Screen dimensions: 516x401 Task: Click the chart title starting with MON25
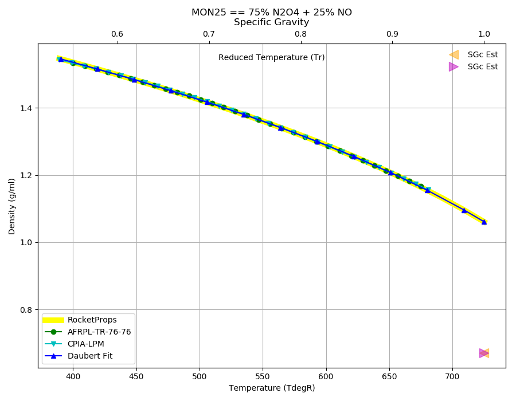tap(272, 13)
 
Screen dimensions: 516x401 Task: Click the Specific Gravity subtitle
tap(272, 22)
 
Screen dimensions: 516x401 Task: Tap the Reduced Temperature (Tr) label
tap(272, 57)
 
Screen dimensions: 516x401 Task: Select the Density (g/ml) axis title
tap(12, 206)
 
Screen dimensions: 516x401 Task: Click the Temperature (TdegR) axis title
tap(272, 388)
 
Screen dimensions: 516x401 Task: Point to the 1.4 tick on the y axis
tap(28, 108)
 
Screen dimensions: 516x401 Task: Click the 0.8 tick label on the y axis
tap(28, 310)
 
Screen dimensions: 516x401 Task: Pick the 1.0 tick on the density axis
tap(28, 242)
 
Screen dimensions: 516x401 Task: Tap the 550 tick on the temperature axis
tap(263, 377)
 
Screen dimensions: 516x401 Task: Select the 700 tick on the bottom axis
tap(452, 377)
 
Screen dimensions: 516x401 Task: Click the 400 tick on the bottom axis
tap(73, 377)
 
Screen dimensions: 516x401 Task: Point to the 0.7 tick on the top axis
tap(209, 34)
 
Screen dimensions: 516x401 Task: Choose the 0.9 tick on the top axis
tap(392, 34)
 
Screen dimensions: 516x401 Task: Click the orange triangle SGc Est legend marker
tap(454, 54)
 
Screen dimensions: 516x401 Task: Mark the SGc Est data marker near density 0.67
tap(484, 353)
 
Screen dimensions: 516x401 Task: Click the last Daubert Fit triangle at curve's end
tap(484, 222)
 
